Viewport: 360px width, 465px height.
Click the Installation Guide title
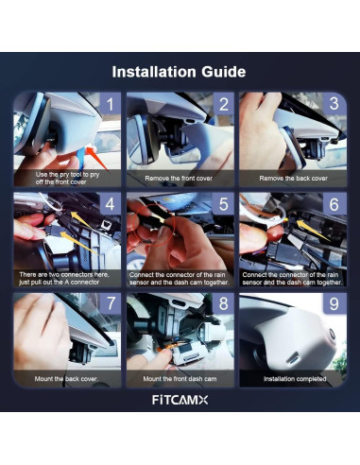(x=179, y=72)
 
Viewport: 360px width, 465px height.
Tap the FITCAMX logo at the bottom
(x=180, y=400)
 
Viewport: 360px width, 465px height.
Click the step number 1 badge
(x=111, y=104)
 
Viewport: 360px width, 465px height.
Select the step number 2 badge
(x=224, y=104)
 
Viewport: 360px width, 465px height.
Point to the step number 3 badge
(x=334, y=104)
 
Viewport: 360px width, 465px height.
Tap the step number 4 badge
(x=111, y=204)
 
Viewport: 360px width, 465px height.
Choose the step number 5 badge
(x=224, y=204)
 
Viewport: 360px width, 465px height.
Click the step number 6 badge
(x=334, y=204)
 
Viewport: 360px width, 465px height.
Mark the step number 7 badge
(x=111, y=303)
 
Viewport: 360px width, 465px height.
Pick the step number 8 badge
(x=224, y=303)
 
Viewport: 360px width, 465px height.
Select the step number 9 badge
(x=334, y=303)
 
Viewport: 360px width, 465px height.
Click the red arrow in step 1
(x=97, y=159)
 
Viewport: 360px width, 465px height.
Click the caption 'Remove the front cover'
(x=179, y=179)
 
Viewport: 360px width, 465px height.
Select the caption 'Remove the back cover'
(x=293, y=179)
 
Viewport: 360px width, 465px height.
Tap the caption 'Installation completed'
(x=295, y=379)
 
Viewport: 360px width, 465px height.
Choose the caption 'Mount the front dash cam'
(x=180, y=379)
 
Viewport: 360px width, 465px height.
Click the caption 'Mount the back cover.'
(x=66, y=379)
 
